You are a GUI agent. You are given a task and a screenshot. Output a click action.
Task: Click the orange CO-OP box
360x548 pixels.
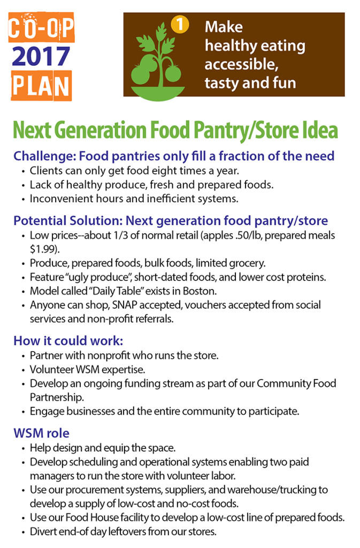pos(41,30)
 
